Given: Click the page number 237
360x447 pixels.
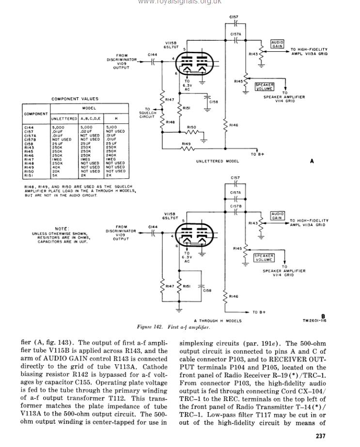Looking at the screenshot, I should point(320,436).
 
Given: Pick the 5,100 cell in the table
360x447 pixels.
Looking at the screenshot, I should point(111,127).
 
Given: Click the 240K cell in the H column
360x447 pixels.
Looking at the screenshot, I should point(111,155).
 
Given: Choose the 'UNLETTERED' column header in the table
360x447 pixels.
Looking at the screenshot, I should point(64,118).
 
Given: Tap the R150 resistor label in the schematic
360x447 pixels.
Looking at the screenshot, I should point(191,127).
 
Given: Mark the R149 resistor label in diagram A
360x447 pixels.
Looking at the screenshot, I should point(186,143).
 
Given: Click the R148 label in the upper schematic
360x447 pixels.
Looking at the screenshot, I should point(170,122).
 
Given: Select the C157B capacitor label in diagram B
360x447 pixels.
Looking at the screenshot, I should point(235,206).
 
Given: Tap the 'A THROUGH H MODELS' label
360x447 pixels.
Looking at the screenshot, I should point(217,321).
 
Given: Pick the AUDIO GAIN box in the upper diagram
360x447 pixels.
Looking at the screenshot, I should point(277,44).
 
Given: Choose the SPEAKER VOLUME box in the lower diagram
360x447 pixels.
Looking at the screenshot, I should point(264,257).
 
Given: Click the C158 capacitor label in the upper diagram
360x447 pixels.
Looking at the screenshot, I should point(214,102).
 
